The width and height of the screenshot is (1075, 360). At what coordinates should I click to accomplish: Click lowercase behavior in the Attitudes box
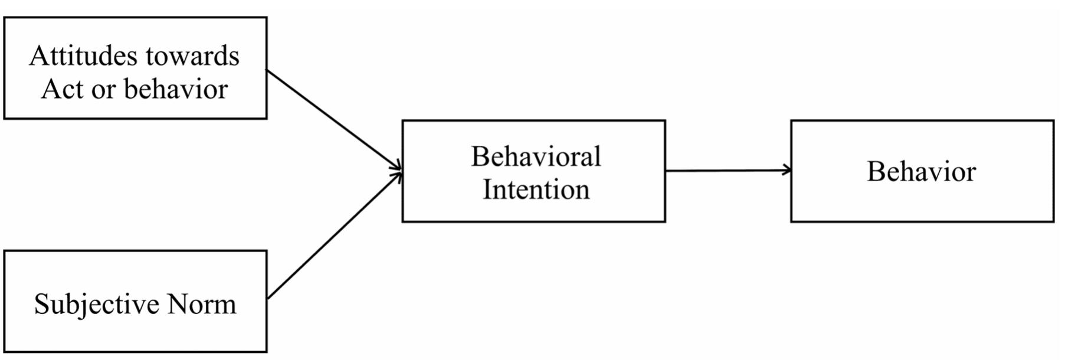(x=176, y=90)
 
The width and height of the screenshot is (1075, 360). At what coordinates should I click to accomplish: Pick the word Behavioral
(x=536, y=157)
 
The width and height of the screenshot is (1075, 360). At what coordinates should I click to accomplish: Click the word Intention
(x=536, y=190)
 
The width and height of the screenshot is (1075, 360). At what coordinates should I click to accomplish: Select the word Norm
(x=202, y=305)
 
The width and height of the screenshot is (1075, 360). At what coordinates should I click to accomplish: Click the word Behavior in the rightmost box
(x=921, y=172)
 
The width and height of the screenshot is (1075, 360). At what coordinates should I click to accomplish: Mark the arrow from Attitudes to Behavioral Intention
(x=334, y=120)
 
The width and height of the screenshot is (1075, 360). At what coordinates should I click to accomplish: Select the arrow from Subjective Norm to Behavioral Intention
(x=334, y=235)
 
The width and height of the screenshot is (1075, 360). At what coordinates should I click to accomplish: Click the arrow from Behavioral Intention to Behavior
(x=727, y=171)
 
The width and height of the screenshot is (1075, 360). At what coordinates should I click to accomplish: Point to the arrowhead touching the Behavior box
(x=787, y=171)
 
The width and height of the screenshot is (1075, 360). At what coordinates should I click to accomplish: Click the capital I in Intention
(x=487, y=190)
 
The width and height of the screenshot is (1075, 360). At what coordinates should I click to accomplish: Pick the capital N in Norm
(x=178, y=305)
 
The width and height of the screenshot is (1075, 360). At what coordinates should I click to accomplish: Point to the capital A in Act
(x=51, y=90)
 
